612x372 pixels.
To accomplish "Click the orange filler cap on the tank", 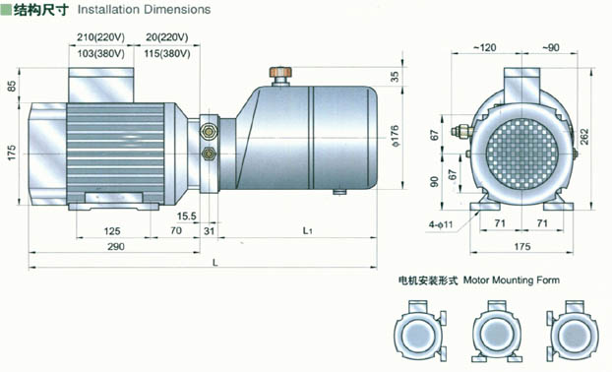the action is (x=280, y=72).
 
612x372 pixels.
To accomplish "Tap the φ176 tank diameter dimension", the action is (x=395, y=136).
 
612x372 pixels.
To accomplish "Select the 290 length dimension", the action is (x=116, y=246).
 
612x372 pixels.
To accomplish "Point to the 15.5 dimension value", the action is (x=187, y=216).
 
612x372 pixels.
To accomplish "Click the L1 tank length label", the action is (x=308, y=230).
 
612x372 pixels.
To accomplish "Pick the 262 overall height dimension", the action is (x=584, y=137).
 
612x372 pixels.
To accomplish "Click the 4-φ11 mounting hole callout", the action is (x=441, y=224).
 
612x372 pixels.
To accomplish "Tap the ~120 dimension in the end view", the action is (x=485, y=47).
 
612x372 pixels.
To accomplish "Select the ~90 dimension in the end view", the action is (x=550, y=47).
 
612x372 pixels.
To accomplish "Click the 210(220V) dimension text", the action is (x=100, y=37).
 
